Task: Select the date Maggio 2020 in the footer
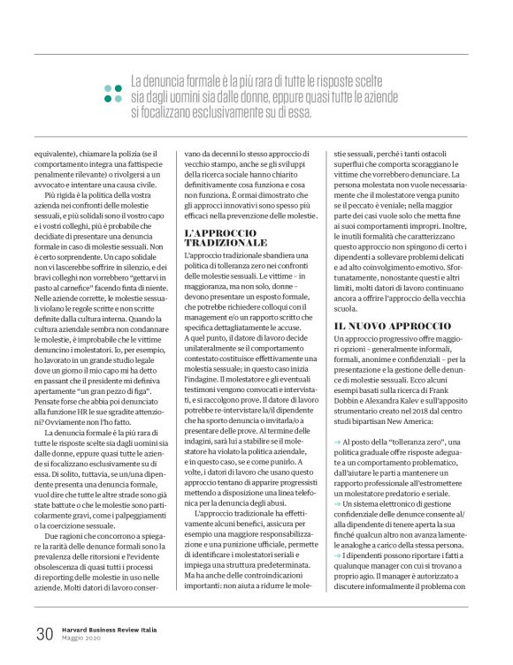82,639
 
